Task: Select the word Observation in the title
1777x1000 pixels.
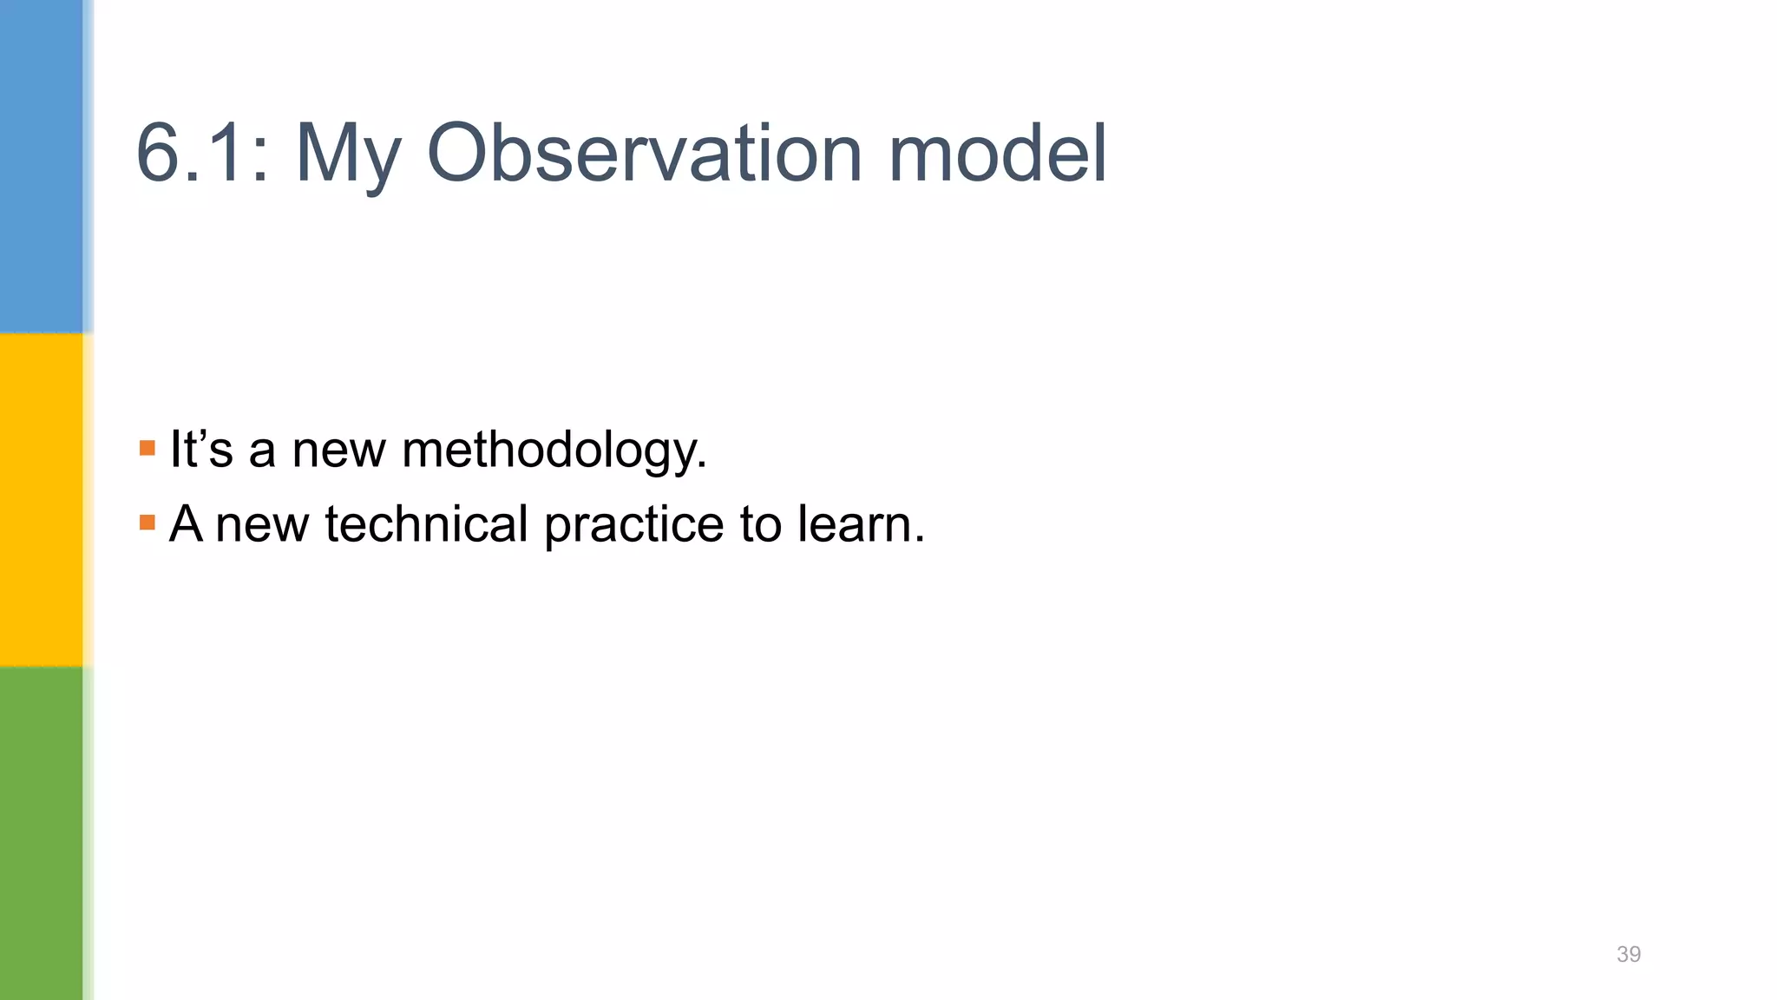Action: (644, 153)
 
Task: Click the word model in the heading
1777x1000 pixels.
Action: (997, 153)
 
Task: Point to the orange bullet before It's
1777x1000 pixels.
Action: (148, 449)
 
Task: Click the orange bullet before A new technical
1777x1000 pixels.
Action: (148, 523)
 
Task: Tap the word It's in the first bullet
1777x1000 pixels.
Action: (201, 449)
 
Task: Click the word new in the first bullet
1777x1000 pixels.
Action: (338, 451)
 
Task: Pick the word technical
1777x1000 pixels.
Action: (426, 524)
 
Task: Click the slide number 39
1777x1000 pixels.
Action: (1629, 954)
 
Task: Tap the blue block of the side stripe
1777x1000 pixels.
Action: (42, 165)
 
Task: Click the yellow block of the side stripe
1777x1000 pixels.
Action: (42, 499)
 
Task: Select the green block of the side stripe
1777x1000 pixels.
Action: (42, 833)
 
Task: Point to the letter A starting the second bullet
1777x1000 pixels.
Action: (187, 523)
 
